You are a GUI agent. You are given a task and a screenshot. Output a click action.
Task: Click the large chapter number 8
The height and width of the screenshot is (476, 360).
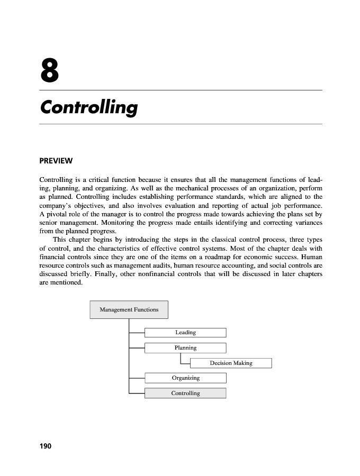(x=49, y=71)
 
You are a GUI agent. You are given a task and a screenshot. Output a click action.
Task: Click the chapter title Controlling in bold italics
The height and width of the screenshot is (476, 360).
(x=88, y=107)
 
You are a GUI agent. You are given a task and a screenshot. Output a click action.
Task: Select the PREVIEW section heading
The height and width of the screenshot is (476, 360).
(x=56, y=161)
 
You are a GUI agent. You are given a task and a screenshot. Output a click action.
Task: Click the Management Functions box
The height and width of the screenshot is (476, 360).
(x=129, y=309)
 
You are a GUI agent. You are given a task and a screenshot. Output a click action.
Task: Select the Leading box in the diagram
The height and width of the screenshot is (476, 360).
(x=185, y=333)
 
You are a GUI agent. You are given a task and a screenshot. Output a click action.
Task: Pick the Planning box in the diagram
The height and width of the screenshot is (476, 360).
(x=185, y=348)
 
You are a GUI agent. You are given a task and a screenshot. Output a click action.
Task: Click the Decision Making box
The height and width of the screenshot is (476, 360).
(x=231, y=363)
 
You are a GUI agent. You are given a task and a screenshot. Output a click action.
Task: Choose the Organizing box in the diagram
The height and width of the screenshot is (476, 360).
(x=185, y=378)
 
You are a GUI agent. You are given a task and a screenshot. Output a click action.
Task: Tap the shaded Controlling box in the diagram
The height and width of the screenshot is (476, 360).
(x=185, y=393)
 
